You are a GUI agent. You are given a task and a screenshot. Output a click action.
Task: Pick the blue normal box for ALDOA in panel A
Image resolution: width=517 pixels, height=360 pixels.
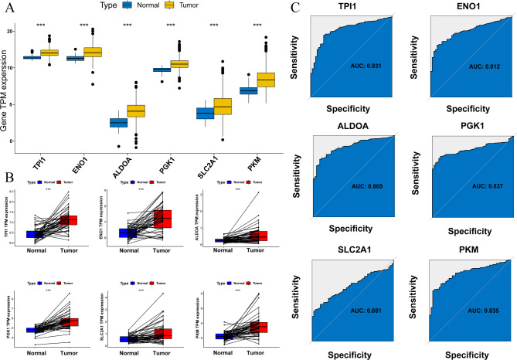pos(118,123)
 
